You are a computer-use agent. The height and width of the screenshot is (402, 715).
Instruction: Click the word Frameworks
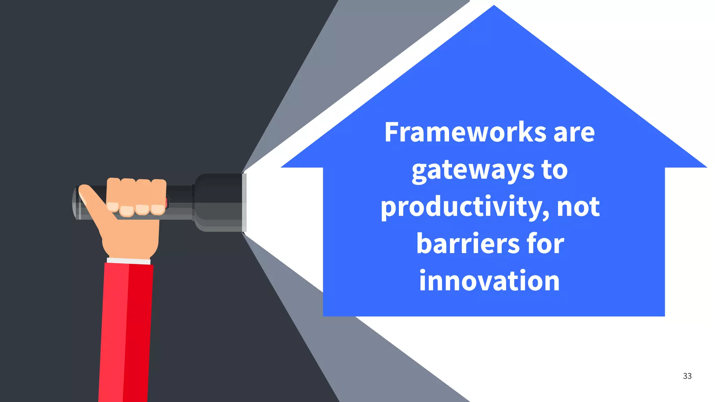coord(465,132)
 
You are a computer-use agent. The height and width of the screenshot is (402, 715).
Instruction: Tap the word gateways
coord(473,171)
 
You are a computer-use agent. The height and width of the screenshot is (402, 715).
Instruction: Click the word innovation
coord(489,281)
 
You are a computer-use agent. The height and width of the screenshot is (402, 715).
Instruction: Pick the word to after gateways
coord(554,170)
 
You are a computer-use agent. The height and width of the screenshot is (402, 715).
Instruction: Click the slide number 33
coord(687,376)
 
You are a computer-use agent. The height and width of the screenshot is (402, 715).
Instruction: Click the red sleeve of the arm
coord(126,332)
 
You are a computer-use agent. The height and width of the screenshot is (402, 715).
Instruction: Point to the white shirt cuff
coord(128,261)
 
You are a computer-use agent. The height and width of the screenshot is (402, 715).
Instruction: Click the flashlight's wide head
coord(218,202)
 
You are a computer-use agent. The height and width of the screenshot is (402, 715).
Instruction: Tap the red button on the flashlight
coord(167,202)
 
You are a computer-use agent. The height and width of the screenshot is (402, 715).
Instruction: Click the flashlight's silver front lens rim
coord(244,202)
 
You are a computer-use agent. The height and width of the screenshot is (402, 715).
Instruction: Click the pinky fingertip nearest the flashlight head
coord(158,209)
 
